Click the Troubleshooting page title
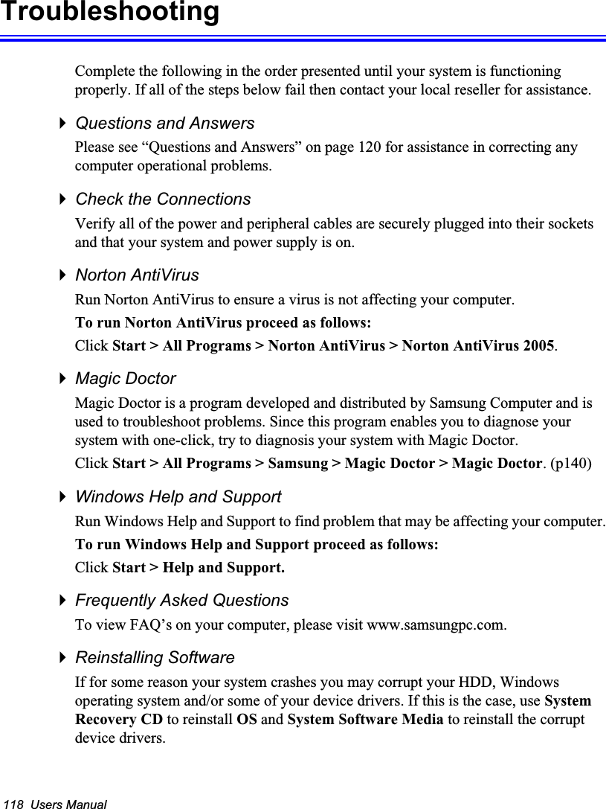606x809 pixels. (110, 13)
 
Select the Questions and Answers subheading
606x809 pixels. (165, 123)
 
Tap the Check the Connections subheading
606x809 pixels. (163, 199)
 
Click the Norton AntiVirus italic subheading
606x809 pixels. (138, 275)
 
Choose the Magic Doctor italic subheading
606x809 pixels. (126, 379)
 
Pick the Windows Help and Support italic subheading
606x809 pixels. (178, 496)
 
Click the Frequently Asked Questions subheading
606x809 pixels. (182, 600)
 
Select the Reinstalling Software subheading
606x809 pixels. (155, 658)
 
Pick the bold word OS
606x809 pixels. (246, 720)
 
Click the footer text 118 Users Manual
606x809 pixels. (55, 804)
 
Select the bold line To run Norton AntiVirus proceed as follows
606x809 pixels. (225, 324)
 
